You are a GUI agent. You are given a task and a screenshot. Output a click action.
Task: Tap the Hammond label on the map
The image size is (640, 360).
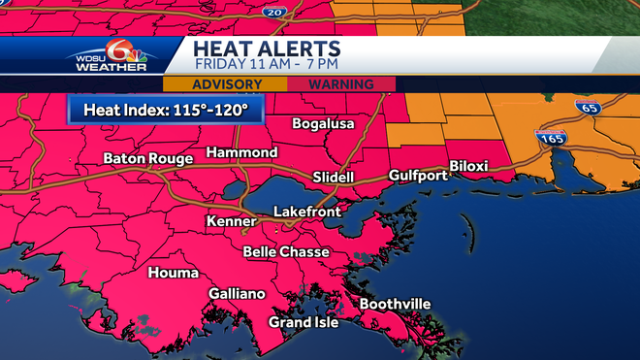[x=241, y=153]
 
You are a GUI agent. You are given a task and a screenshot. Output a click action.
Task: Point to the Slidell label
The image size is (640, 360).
[x=334, y=178]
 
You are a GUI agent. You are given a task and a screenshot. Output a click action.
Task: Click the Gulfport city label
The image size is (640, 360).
[x=418, y=176]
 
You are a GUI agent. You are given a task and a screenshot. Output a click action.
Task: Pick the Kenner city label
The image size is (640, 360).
[x=231, y=222]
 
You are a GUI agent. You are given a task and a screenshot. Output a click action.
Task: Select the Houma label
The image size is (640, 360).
[x=173, y=273]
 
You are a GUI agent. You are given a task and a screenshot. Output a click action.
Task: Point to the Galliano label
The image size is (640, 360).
[x=237, y=294]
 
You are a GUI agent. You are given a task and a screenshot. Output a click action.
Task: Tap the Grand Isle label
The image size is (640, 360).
[x=304, y=322]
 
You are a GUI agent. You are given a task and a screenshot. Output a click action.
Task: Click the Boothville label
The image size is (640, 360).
[x=395, y=305]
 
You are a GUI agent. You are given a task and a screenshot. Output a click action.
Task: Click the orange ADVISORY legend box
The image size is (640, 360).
[x=234, y=84]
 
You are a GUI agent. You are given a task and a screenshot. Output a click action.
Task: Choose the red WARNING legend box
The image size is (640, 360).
[x=341, y=84]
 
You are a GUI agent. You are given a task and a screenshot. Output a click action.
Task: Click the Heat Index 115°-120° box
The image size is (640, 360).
[x=165, y=109]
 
